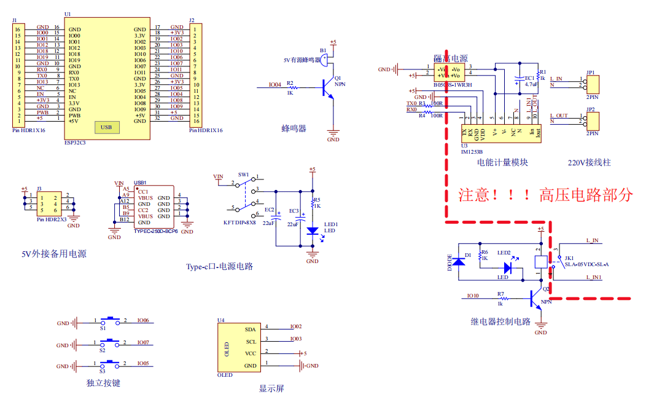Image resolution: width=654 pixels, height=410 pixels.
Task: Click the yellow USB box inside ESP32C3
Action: click(106, 128)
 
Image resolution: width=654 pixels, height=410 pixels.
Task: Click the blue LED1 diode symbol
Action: click(312, 231)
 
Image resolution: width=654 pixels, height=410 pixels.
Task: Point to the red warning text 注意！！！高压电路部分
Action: click(545, 195)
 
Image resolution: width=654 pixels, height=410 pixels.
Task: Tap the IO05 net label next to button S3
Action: click(143, 363)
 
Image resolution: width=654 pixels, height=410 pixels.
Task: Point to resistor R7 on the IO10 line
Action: click(500, 298)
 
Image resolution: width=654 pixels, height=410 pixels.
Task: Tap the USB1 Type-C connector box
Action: click(154, 207)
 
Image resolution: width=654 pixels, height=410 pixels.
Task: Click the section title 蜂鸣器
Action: click(294, 128)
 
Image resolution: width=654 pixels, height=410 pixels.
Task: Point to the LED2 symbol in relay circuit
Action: click(507, 268)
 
